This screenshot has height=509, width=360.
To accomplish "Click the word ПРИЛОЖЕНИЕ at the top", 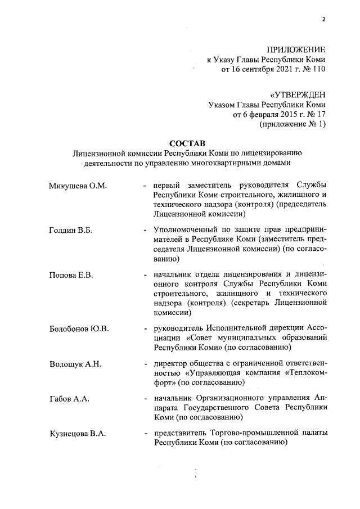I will [295, 50].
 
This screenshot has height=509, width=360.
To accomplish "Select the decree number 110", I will [318, 70].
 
